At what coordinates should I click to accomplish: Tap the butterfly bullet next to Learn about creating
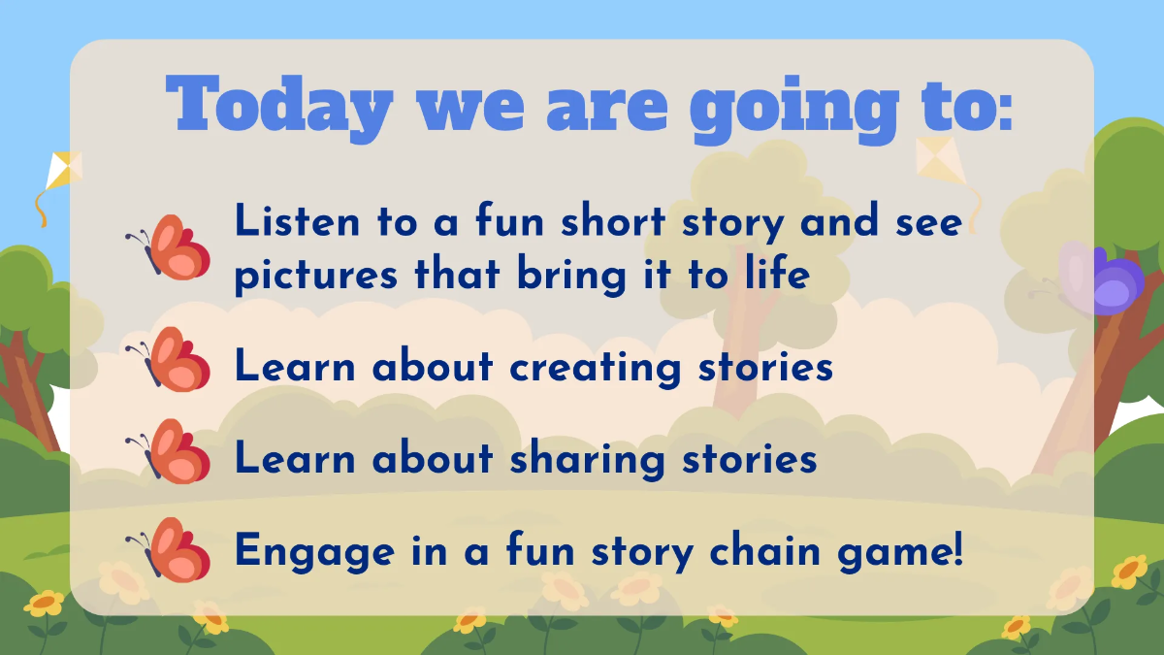click(171, 358)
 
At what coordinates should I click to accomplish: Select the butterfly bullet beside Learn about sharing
click(171, 451)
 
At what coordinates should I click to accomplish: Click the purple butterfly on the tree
click(1106, 281)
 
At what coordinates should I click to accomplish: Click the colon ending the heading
click(1002, 108)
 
